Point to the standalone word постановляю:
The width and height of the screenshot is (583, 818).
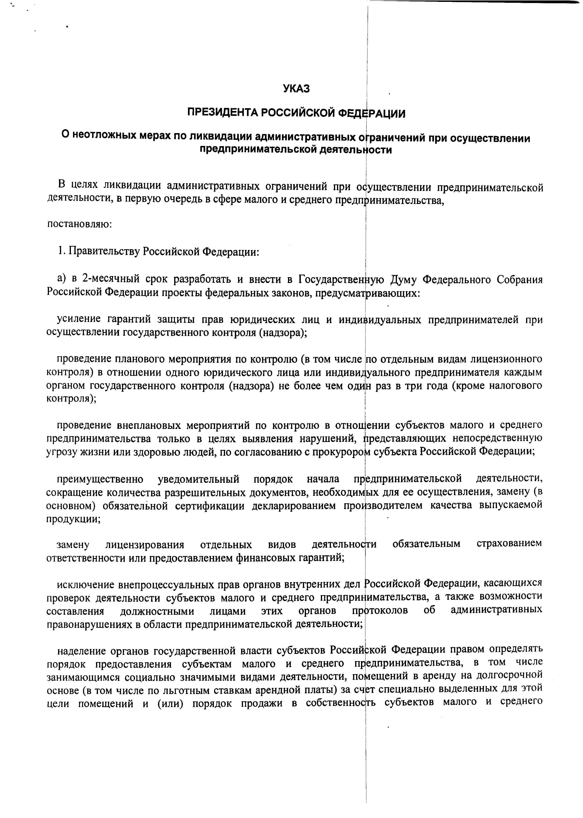[80, 224]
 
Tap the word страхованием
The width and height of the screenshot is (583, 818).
[509, 544]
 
